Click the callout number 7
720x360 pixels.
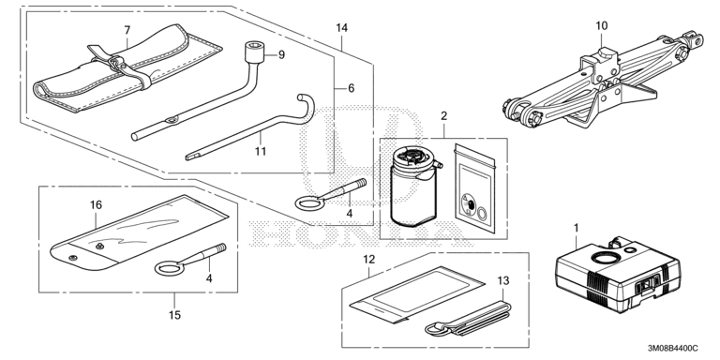click(127, 30)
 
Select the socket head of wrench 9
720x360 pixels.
click(253, 51)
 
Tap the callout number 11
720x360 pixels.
click(261, 151)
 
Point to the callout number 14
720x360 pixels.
click(341, 27)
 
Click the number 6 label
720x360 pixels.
click(352, 88)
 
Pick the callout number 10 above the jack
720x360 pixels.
click(602, 25)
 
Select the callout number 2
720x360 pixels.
click(443, 115)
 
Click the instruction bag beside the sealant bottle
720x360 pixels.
click(475, 187)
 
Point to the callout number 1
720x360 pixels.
click(577, 227)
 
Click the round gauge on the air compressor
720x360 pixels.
click(604, 258)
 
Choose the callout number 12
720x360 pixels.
click(369, 259)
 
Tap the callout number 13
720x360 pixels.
click(503, 280)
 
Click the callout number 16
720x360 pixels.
click(96, 204)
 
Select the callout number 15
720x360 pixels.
click(174, 315)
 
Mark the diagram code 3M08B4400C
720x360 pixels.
click(673, 349)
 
